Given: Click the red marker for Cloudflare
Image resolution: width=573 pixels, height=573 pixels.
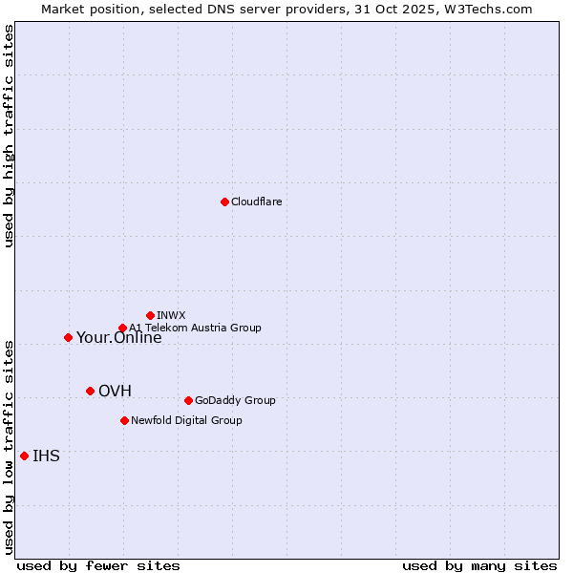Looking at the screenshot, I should [x=224, y=202].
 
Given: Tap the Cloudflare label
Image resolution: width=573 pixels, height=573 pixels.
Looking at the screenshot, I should [x=256, y=202].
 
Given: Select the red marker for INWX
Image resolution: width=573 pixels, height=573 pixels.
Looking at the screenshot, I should [x=150, y=315].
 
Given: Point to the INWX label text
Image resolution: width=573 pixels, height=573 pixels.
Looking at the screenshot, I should [x=171, y=315].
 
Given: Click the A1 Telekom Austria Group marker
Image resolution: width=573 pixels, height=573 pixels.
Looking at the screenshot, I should [x=122, y=329].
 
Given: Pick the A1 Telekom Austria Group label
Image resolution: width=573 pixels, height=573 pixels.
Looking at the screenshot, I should [x=195, y=329].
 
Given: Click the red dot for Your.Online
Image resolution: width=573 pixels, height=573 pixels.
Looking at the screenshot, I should [x=68, y=337].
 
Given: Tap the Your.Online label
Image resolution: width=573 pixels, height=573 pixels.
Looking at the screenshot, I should [x=118, y=338].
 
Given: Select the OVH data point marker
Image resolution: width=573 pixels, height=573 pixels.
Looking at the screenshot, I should [x=90, y=391].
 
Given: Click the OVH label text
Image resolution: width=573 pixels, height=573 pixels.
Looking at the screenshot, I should [x=115, y=392].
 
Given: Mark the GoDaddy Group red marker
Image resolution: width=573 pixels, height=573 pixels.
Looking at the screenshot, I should [x=188, y=400].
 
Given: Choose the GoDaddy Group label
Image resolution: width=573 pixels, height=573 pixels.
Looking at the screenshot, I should [x=235, y=401].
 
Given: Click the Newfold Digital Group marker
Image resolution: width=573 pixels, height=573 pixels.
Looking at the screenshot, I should [x=124, y=420].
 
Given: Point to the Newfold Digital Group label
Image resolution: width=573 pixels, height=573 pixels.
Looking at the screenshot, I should [x=186, y=421].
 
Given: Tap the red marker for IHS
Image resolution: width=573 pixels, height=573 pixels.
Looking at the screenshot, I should [x=24, y=456].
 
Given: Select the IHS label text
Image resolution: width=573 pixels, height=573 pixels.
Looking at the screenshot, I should [x=46, y=456].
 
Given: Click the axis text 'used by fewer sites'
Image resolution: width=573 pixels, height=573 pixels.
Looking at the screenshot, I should [x=98, y=566].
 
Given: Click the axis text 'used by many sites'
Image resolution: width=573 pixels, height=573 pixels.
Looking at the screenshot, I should [x=479, y=566].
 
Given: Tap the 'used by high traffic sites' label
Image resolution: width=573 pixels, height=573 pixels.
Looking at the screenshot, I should [x=9, y=137].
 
